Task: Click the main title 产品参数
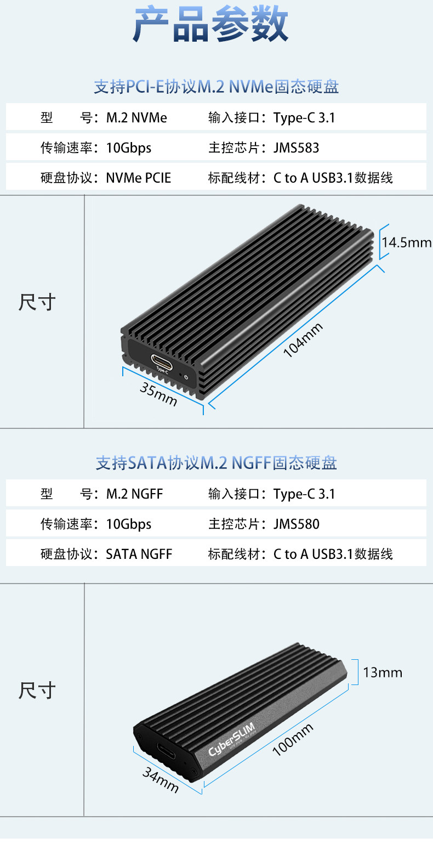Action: (210, 25)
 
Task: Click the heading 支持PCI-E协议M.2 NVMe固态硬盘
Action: (216, 87)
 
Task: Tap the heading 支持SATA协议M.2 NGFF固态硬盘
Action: (216, 463)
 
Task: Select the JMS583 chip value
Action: (296, 148)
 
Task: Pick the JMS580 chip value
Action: (296, 524)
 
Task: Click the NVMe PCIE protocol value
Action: (138, 178)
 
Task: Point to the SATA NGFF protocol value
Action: (139, 554)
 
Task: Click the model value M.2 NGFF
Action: (134, 494)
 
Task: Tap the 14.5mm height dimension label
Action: (406, 242)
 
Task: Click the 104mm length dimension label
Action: (303, 340)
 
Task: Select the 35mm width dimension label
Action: (158, 394)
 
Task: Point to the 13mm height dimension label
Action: (383, 672)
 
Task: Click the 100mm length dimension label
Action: (293, 739)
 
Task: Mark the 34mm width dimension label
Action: (161, 780)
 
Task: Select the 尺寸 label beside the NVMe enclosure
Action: (37, 302)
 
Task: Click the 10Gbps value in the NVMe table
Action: (128, 148)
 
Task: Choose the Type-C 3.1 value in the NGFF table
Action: (304, 494)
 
